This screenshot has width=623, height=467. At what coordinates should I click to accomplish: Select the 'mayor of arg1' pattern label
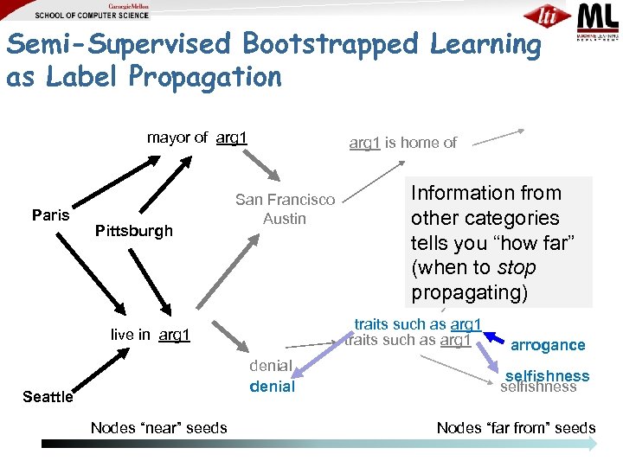coord(197,138)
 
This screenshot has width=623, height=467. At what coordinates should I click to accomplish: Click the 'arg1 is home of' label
coord(402,143)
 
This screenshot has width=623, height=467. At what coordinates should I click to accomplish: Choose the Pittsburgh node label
coord(133,231)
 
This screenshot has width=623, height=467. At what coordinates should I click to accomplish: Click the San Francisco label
coord(285,200)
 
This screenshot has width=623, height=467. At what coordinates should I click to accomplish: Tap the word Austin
coord(285,219)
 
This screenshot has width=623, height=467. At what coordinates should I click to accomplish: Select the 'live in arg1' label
coord(150,335)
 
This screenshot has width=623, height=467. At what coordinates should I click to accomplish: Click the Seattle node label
coord(48,397)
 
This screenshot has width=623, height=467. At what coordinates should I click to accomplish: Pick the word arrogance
coord(548,345)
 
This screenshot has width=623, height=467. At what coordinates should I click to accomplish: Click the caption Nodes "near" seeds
coord(159,427)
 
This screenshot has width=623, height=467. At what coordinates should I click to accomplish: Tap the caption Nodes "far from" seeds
coord(516,427)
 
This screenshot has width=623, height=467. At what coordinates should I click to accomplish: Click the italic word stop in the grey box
coord(517,267)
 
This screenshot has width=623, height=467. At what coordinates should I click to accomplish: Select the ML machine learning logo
coord(598,22)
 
